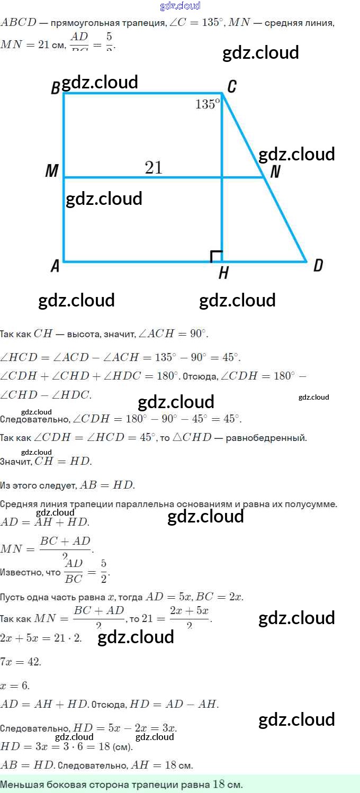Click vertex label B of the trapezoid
(x=55, y=88)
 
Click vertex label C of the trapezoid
(x=231, y=87)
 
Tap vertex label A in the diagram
(x=55, y=266)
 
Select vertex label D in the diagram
(x=318, y=265)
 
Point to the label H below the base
(x=223, y=273)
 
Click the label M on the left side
(x=52, y=171)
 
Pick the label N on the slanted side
(x=275, y=172)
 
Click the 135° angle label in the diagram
(x=207, y=104)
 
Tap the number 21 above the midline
(x=154, y=168)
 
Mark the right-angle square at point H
(x=216, y=257)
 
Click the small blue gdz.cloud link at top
(x=180, y=6)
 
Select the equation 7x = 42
(x=21, y=662)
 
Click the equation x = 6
(x=15, y=686)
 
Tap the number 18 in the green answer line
(x=219, y=784)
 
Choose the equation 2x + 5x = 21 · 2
(x=41, y=638)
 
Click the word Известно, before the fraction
(x=30, y=572)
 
